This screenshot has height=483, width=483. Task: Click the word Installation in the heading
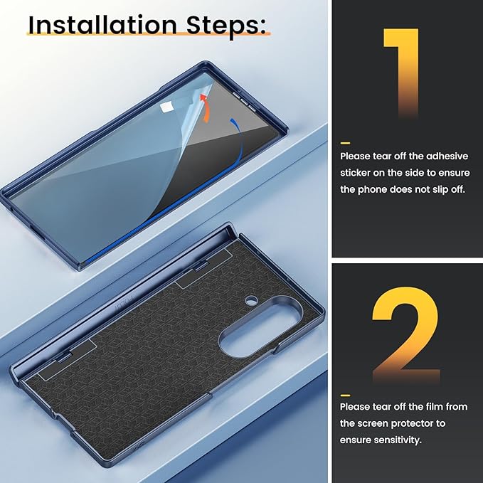click(x=102, y=25)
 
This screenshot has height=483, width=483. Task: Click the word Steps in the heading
click(x=225, y=26)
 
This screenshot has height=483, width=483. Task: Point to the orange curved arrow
click(x=205, y=108)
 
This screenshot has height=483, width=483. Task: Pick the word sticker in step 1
click(x=355, y=173)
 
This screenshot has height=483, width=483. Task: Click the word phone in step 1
click(x=373, y=189)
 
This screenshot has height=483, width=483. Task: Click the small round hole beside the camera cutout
click(x=251, y=300)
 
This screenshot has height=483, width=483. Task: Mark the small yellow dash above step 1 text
click(x=345, y=143)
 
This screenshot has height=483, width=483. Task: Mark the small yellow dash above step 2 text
click(x=345, y=396)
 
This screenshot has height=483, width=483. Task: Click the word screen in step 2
click(x=370, y=424)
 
